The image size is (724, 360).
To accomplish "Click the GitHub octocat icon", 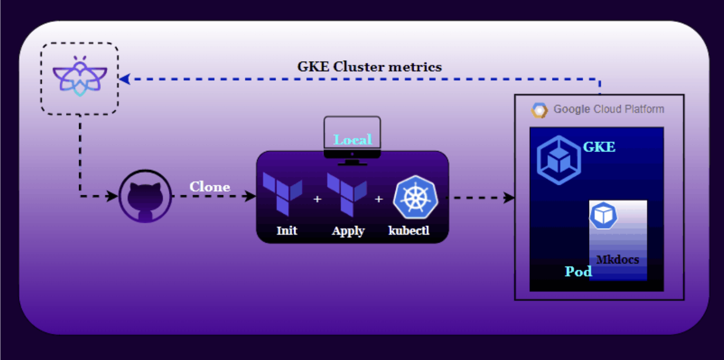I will tap(146, 196).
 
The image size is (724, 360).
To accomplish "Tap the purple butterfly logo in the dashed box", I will tap(80, 77).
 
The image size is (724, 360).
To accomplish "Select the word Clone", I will tap(209, 187).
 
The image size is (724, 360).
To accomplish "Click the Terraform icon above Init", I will tap(282, 194).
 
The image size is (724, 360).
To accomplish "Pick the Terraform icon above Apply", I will tap(347, 194).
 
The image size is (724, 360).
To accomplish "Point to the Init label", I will tap(287, 231).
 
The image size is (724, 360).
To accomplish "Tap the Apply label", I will tap(348, 231).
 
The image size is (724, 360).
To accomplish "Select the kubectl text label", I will tap(409, 231).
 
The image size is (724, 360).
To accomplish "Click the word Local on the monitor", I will tap(353, 140).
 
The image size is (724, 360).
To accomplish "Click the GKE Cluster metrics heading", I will tap(369, 67).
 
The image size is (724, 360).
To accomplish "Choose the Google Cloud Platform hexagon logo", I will tap(539, 110).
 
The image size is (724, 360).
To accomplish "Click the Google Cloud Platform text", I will tap(608, 110).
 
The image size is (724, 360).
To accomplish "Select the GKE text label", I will tap(599, 147).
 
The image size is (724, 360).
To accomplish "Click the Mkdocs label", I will tap(617, 260).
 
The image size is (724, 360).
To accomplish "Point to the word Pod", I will tap(578, 271).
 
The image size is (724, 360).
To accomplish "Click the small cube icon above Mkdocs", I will tap(603, 215).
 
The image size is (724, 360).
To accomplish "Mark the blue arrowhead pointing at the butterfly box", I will tap(125, 79).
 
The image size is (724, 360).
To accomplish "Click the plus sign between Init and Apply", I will tap(317, 200).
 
